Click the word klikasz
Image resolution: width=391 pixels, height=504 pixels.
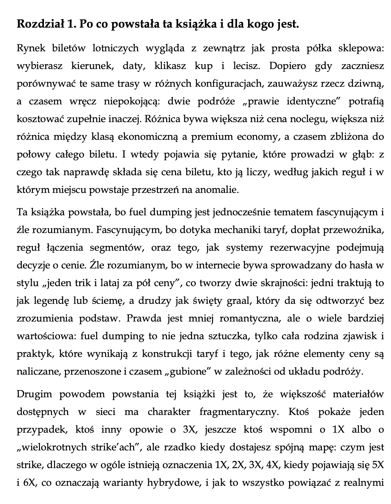pos(170,66)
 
